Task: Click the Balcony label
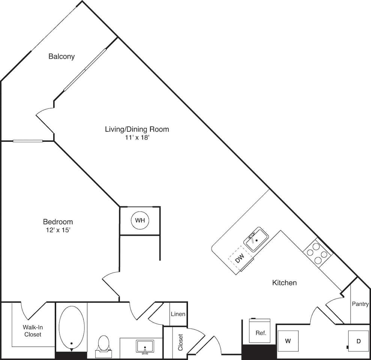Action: coord(62,57)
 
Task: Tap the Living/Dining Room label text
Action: coord(137,129)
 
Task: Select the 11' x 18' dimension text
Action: coord(137,138)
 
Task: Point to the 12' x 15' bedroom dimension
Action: coord(57,230)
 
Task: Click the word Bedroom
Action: coord(57,222)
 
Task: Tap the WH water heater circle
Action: coord(140,220)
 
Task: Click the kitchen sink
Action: coord(256,239)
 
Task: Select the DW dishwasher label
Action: coord(240,258)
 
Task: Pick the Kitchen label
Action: coord(284,283)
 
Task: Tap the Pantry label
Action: coord(360,304)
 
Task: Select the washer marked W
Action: coord(288,341)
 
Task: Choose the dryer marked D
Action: coord(358,341)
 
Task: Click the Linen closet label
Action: coord(178,314)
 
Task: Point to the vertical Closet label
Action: coord(180,342)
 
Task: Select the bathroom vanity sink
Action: coord(145,346)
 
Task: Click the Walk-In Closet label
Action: coord(33,330)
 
